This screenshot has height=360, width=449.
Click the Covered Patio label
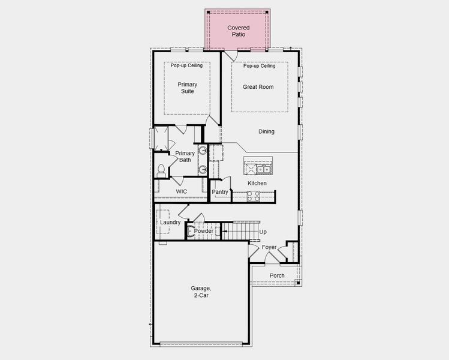pos(238,31)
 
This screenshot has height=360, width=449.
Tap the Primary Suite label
pos(187,88)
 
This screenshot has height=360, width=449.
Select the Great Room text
pos(258,87)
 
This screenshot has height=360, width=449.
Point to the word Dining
pos(267,131)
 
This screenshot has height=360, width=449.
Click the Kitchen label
pos(257,183)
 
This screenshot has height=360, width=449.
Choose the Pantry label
pos(221,192)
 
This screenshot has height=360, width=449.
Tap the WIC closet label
pos(181,191)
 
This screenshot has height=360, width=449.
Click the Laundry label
pos(170,223)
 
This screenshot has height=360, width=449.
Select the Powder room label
pos(204,231)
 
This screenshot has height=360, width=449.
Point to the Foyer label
pos(269,247)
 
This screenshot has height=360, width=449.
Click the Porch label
pos(277,276)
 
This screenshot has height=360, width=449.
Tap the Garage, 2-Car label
pos(201,292)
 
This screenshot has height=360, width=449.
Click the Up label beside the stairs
pos(263,232)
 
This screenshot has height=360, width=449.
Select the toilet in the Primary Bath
pos(161,170)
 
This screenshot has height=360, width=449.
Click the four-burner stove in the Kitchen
pos(253,195)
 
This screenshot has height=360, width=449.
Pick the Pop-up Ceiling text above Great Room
pos(259,66)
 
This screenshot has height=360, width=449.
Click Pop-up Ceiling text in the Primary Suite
pos(186,65)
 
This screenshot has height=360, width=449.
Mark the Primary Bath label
pos(185,157)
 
